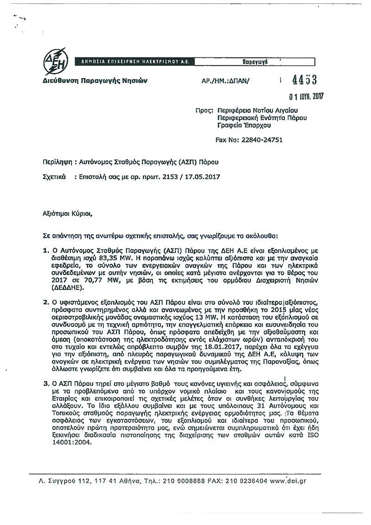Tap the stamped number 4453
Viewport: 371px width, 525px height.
point(304,80)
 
